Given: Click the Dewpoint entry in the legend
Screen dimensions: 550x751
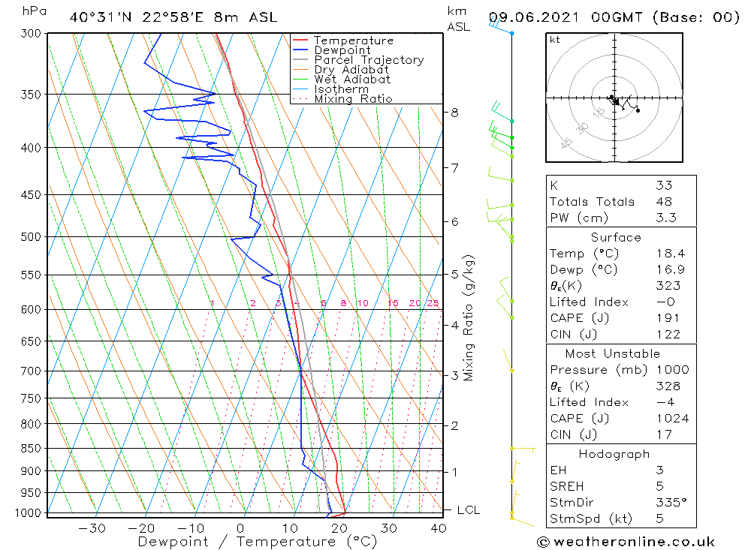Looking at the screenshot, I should click(342, 50).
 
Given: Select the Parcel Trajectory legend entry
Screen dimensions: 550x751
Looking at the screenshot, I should click(369, 60).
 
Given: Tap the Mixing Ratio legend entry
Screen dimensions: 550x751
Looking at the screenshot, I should click(353, 98).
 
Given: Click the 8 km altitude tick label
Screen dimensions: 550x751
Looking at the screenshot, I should click(455, 113).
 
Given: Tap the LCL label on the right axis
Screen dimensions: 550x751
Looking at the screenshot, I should click(468, 510).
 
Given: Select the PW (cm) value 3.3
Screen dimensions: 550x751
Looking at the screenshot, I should click(665, 218).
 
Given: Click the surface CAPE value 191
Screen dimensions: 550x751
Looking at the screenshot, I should click(665, 318).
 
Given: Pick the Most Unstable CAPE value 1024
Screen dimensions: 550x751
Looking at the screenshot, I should click(671, 419).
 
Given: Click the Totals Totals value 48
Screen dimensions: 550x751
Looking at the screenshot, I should click(664, 201).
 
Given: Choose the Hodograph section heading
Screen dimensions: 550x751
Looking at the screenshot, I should click(614, 454).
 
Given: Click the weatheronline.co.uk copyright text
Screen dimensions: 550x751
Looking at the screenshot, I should click(626, 541).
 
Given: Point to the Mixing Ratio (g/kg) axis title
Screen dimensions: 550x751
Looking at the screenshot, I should click(469, 317).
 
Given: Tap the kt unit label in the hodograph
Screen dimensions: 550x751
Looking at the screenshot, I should click(554, 40).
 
